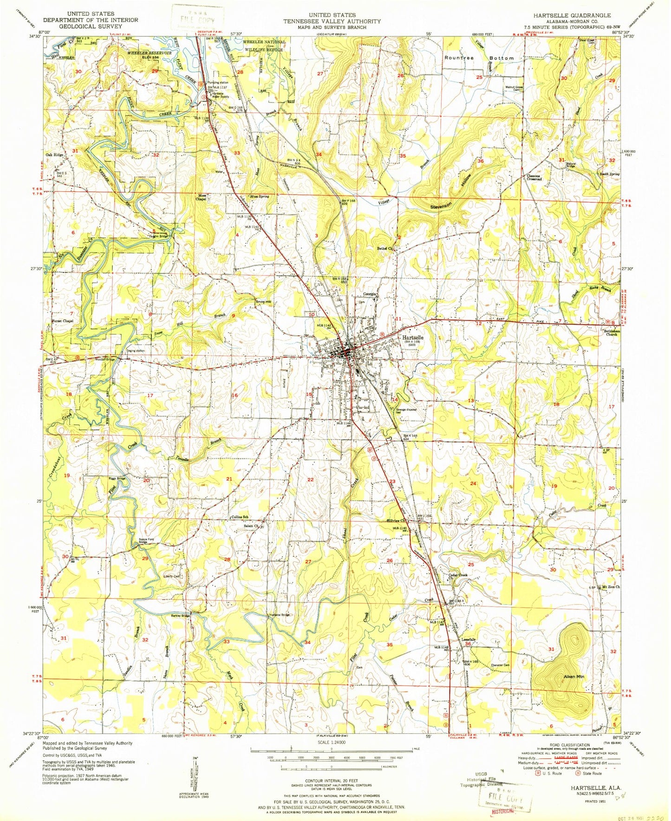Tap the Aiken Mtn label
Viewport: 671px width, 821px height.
point(574,677)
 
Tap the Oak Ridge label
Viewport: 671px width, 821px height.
point(54,155)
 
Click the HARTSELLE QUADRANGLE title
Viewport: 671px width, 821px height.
point(572,15)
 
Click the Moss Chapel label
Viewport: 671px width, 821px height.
point(201,198)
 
